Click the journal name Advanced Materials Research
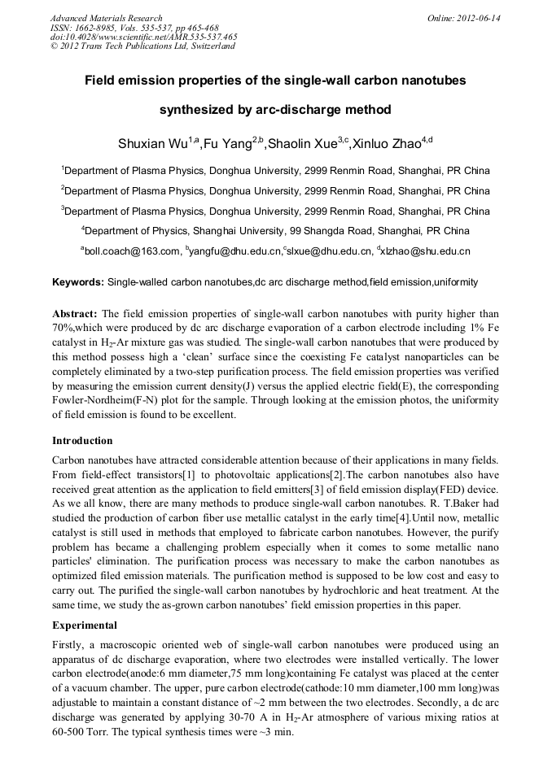(x=106, y=18)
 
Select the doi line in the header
(x=143, y=37)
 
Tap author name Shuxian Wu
(x=153, y=146)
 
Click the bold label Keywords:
(x=77, y=282)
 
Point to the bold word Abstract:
(x=75, y=313)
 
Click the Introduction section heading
(x=82, y=441)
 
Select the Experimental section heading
(x=85, y=626)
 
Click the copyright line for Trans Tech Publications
(x=142, y=46)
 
